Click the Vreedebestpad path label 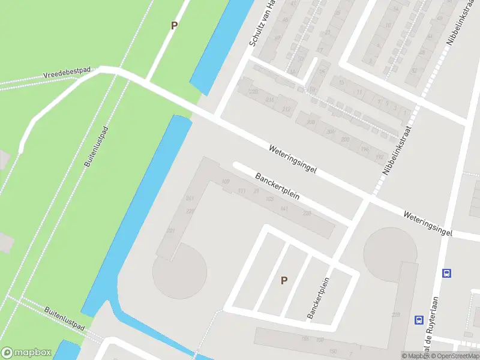pyautogui.click(x=67, y=73)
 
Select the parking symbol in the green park pyautogui.click(x=175, y=26)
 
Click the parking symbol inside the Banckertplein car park pyautogui.click(x=284, y=280)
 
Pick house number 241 pyautogui.click(x=190, y=199)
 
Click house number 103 pyautogui.click(x=270, y=199)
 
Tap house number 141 pyautogui.click(x=284, y=208)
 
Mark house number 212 pyautogui.click(x=286, y=109)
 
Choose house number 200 pyautogui.click(x=346, y=139)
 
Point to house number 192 pyautogui.click(x=379, y=157)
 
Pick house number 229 pyautogui.click(x=190, y=211)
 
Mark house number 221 pyautogui.click(x=170, y=231)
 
